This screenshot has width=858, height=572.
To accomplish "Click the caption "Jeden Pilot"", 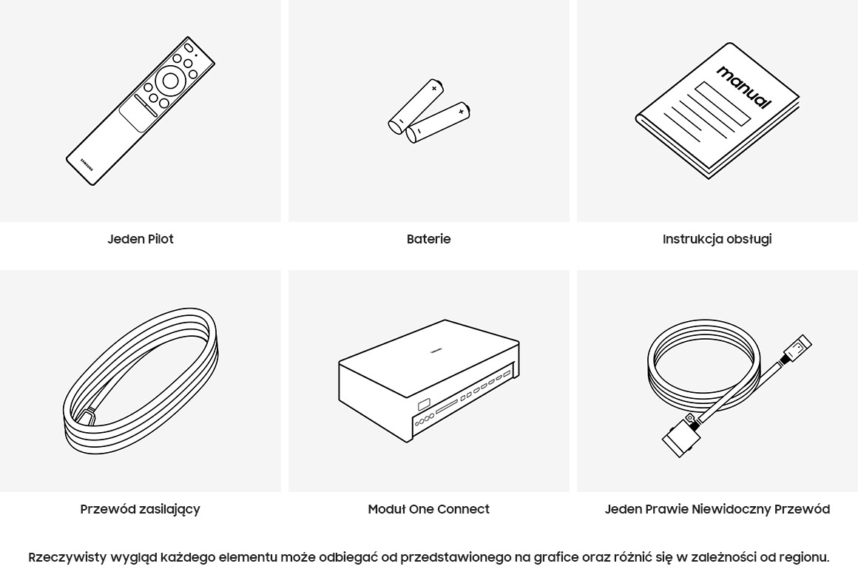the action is (140, 239).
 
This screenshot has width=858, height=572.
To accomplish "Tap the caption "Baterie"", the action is (428, 239).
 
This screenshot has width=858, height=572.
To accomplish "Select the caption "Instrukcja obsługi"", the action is (717, 239).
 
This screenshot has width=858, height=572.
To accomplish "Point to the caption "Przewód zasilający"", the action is (140, 509).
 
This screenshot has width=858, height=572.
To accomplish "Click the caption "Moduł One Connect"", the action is (428, 509).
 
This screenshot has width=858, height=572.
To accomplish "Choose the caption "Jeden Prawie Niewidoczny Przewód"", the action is (717, 509).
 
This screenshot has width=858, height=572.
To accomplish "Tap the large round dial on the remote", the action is (170, 81).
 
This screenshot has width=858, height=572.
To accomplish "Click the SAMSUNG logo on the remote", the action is (87, 164).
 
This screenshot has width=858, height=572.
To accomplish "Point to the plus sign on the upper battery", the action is (434, 88).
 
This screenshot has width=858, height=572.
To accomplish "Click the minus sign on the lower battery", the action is (418, 132).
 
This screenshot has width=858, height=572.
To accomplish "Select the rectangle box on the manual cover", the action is (723, 104).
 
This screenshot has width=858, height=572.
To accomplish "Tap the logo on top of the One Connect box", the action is (436, 351).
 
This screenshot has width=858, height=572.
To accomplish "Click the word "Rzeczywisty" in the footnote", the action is (67, 558).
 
